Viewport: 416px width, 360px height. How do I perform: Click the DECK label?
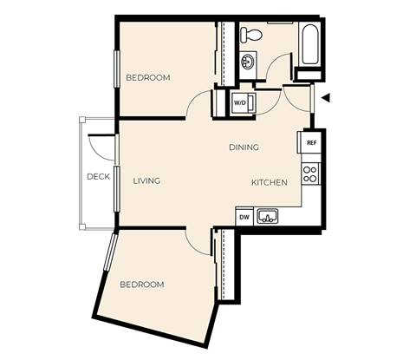[x=98, y=177]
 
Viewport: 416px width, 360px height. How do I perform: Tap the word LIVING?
[x=146, y=181]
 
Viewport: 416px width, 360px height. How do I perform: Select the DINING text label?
[x=244, y=147]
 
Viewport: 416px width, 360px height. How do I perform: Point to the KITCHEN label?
[x=269, y=182]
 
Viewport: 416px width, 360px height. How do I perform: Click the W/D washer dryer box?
[x=240, y=102]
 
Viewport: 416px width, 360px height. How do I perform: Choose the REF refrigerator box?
[x=310, y=141]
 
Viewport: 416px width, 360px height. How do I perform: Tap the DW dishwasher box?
[x=244, y=217]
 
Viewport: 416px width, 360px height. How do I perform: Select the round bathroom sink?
[x=248, y=62]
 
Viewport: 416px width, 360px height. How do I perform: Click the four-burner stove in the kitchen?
[x=310, y=173]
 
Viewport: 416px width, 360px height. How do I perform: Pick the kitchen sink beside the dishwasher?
[x=269, y=216]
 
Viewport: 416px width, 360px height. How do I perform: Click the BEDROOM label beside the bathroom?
[x=147, y=78]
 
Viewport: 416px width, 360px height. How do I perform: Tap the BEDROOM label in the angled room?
[x=141, y=285]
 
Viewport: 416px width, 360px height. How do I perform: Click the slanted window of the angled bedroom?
[x=110, y=252]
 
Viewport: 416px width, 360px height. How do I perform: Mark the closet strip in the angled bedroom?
[x=227, y=265]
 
